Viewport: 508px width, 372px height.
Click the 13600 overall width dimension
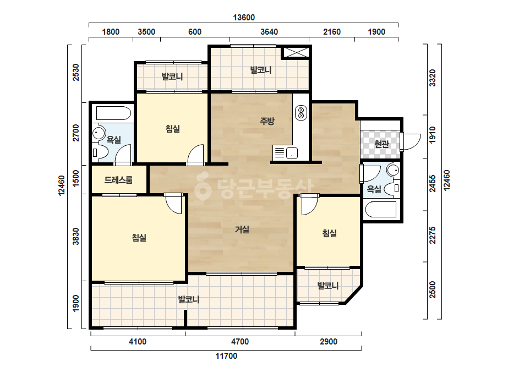point(244,18)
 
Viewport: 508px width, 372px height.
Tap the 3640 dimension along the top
point(269,32)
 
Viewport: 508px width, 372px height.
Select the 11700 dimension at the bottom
point(226,356)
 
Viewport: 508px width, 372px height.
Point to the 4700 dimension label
point(240,342)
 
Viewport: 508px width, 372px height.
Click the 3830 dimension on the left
point(75,236)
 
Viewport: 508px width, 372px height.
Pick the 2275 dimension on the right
point(433,236)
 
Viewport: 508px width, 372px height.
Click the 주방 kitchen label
point(267,121)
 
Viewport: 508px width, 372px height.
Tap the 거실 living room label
point(242,229)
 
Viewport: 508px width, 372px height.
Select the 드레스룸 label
point(118,180)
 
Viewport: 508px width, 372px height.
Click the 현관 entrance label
point(381,144)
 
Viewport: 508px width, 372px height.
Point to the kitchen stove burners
point(301,113)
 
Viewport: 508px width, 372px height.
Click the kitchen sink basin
point(292,152)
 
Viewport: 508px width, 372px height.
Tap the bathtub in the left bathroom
point(113,113)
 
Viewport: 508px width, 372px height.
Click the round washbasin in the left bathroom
point(99,133)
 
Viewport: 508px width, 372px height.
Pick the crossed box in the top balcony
point(296,52)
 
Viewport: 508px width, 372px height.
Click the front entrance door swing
point(411,142)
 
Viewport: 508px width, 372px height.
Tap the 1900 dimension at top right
point(376,32)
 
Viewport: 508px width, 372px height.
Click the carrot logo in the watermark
point(203,187)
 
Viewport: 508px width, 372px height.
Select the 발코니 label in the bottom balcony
point(189,299)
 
